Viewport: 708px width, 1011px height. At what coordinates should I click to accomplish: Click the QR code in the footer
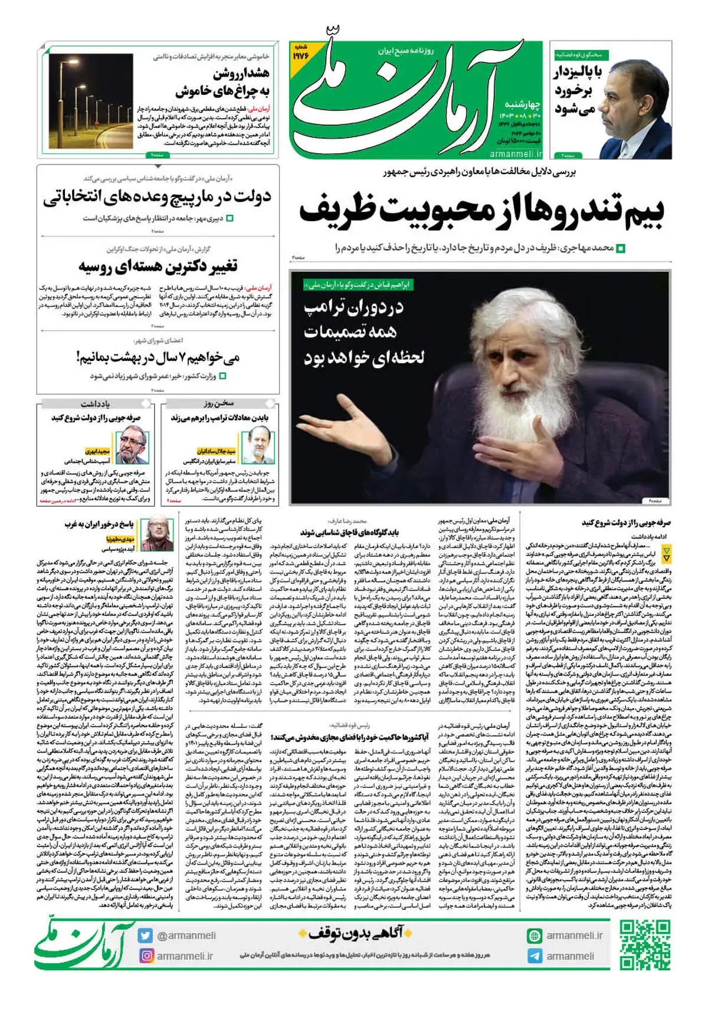pyautogui.click(x=644, y=944)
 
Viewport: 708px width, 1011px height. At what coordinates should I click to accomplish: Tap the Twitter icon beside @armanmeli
pyautogui.click(x=146, y=935)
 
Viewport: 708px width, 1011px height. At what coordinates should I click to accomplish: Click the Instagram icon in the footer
pyautogui.click(x=146, y=956)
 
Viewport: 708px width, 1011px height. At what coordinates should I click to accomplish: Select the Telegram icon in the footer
pyautogui.click(x=535, y=956)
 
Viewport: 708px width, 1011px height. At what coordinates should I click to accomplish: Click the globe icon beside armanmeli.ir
pyautogui.click(x=535, y=935)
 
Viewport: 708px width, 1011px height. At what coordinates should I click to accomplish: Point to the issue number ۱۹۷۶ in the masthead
pyautogui.click(x=301, y=55)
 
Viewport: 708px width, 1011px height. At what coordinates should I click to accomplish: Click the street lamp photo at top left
pyautogui.click(x=91, y=101)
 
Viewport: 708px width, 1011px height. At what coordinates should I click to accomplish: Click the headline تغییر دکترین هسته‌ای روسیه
pyautogui.click(x=158, y=266)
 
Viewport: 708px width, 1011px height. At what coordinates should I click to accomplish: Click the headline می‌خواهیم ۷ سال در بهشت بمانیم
pyautogui.click(x=158, y=357)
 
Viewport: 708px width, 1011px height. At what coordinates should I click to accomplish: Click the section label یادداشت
pyautogui.click(x=95, y=404)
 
